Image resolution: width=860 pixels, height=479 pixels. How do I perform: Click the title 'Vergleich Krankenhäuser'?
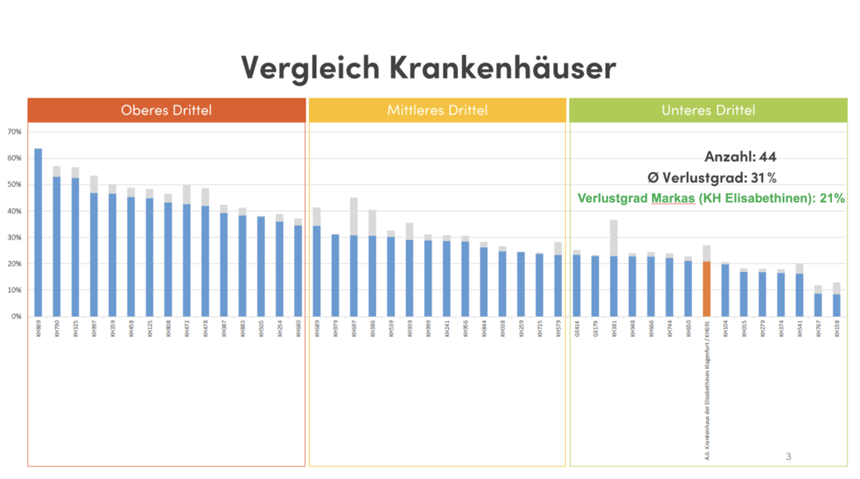tap(428, 67)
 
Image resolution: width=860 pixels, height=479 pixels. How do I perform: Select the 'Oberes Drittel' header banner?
tap(167, 110)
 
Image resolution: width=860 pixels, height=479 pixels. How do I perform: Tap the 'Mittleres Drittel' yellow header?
tap(437, 110)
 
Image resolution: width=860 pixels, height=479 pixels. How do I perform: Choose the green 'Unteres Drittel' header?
tap(708, 110)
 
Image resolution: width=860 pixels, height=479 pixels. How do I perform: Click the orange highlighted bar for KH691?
tap(707, 288)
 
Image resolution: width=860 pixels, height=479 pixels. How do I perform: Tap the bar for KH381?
tap(614, 285)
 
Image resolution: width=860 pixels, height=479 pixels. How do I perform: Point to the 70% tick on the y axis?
tap(14, 132)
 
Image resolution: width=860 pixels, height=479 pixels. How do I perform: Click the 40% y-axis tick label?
tap(14, 211)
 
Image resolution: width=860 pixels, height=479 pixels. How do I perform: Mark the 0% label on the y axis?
tap(16, 316)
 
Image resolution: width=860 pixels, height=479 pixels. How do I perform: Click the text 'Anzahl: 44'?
tap(740, 157)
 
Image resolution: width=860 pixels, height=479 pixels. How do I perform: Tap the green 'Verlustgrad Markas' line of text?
tap(711, 198)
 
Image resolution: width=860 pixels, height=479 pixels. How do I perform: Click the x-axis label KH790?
tap(57, 329)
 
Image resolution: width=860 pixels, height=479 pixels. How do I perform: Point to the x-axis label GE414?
tap(577, 329)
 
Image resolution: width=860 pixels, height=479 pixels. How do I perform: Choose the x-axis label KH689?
tap(317, 329)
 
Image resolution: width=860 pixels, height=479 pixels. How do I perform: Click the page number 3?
tap(788, 456)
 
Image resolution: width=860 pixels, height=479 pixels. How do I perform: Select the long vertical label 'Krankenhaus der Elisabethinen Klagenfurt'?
tap(707, 391)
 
